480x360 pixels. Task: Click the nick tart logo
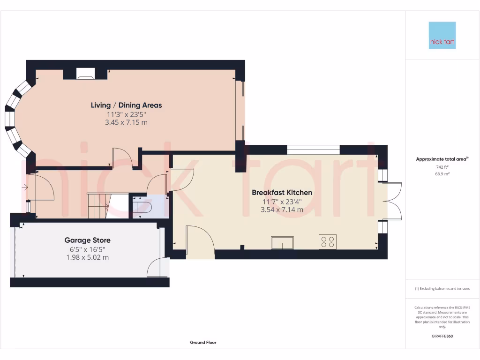point(442,35)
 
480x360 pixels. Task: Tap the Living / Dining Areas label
point(126,105)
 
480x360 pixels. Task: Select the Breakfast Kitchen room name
point(282,193)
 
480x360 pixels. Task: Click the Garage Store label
point(88,240)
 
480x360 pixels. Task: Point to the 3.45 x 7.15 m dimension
point(126,122)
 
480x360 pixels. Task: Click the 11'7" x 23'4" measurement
point(282,202)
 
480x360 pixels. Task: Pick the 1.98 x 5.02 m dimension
point(88,257)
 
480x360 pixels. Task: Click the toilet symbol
point(142,207)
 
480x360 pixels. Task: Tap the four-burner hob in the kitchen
point(327,242)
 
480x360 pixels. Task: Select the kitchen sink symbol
point(282,243)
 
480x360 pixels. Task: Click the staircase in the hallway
point(98,205)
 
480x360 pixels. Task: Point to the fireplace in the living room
point(85,73)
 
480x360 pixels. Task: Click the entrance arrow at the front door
point(24,188)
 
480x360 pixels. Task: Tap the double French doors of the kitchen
point(394,201)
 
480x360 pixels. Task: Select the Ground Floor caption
point(203,343)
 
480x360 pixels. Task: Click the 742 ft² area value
point(442,167)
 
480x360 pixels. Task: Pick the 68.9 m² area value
point(442,174)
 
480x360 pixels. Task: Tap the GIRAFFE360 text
point(442,336)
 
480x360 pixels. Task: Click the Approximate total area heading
point(442,159)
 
